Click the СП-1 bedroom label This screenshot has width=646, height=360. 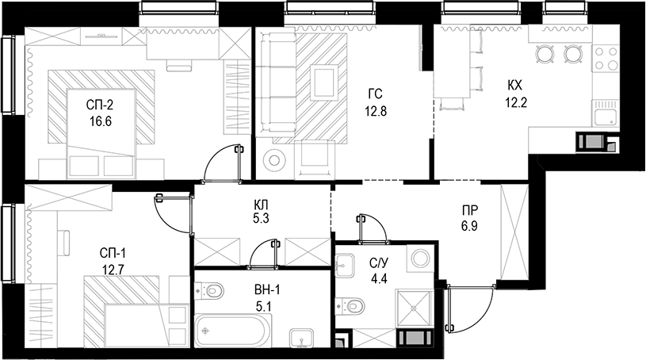[x=113, y=253]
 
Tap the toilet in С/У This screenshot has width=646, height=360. [x=351, y=304]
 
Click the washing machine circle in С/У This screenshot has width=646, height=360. [x=420, y=259]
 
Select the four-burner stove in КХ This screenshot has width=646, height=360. [x=606, y=59]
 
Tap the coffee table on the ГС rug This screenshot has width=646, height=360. [x=325, y=81]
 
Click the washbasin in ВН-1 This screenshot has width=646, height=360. [x=300, y=339]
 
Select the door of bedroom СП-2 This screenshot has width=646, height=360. [x=223, y=163]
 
